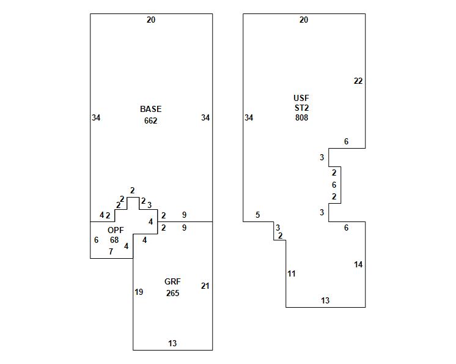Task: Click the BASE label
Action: pos(150,109)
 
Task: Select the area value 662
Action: pos(150,121)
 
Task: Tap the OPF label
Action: pos(115,230)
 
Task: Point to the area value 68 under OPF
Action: pos(114,240)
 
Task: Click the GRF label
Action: pos(172,282)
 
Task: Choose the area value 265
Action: pos(172,293)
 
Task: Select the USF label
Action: pos(301,98)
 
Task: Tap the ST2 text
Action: pos(301,108)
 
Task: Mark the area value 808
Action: pos(301,117)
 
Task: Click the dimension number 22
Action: pos(358,81)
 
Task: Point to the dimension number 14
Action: pos(358,264)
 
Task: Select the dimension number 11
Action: pos(292,273)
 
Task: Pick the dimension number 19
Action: pos(139,292)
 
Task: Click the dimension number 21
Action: pos(205,286)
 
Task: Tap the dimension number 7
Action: pos(111,251)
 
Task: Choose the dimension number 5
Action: pos(258,215)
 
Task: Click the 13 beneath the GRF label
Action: pos(172,343)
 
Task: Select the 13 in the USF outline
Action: pos(325,300)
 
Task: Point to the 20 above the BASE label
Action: pos(151,20)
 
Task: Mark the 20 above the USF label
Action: pos(304,20)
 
